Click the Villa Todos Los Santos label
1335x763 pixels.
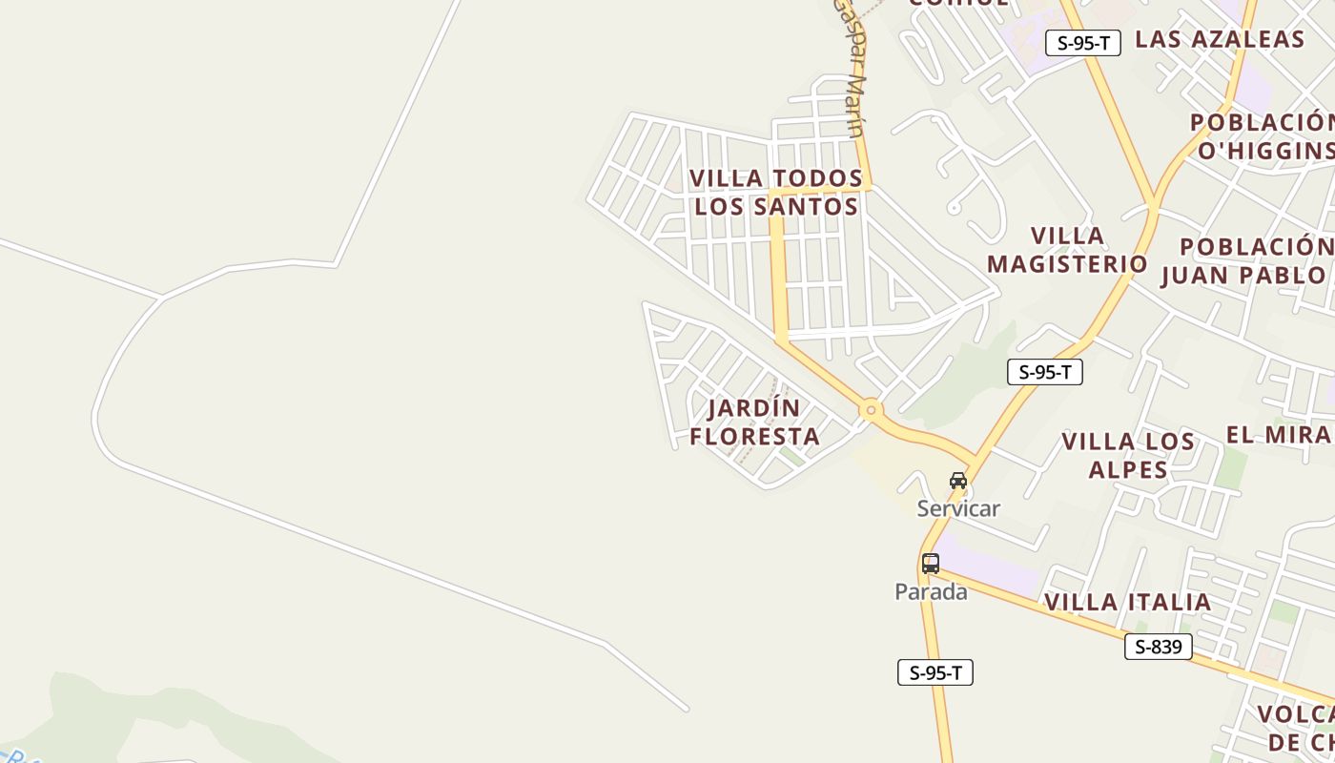776,192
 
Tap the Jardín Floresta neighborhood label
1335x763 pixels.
755,423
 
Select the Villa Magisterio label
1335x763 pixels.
1067,250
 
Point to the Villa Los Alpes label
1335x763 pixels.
1128,455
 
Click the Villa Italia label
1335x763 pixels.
1127,603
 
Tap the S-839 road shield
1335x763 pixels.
1158,647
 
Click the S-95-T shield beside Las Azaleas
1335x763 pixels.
1082,43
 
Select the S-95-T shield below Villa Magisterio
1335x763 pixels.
1044,372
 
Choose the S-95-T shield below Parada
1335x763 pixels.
934,672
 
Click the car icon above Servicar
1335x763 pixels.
958,481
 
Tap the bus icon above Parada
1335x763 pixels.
931,564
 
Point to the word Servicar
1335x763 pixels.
958,508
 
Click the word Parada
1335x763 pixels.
931,592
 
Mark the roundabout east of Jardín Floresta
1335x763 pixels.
870,411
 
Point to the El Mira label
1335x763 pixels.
1279,435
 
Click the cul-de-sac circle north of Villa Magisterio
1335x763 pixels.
954,208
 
